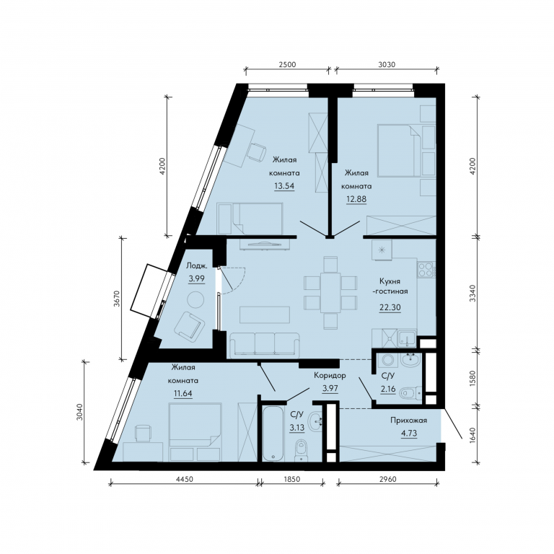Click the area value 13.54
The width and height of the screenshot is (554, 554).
click(284, 186)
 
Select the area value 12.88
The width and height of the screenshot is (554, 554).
click(356, 199)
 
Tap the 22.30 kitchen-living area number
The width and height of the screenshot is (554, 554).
click(390, 307)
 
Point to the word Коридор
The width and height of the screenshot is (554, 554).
click(330, 375)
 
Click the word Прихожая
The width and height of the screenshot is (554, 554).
click(409, 420)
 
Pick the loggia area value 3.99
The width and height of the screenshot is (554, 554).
click(196, 278)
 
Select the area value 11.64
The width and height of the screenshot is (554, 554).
click(183, 394)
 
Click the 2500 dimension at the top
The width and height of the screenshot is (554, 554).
click(287, 65)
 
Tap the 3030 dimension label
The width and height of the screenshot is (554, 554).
click(387, 65)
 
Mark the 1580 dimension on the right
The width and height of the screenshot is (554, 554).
click(474, 379)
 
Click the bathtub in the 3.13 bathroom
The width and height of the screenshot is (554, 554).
click(273, 433)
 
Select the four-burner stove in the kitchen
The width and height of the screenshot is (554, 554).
click(426, 270)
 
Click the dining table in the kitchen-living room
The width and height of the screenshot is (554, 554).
click(330, 292)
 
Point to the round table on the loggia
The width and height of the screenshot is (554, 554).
click(195, 300)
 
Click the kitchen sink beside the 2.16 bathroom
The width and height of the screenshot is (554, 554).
click(407, 338)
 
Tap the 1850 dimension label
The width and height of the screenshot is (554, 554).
click(292, 479)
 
